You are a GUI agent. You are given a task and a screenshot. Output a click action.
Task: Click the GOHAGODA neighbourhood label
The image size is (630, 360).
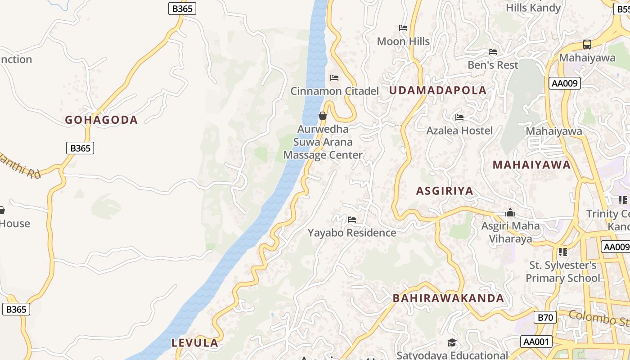pos(101,120)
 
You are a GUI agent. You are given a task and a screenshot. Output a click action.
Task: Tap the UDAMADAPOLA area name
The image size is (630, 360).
pos(437,90)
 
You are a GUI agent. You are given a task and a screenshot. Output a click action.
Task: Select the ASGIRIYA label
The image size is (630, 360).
pos(445,191)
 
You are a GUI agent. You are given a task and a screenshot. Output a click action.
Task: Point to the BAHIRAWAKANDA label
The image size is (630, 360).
pos(448,298)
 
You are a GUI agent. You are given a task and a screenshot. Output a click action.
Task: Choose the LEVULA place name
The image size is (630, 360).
pos(195,343)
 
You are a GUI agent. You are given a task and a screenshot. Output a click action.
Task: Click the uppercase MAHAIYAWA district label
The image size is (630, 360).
pos(531,165)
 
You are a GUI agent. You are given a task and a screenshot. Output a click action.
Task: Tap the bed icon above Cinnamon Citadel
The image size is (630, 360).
pos(334,78)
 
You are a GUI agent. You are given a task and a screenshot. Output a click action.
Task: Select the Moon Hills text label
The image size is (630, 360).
pos(403,41)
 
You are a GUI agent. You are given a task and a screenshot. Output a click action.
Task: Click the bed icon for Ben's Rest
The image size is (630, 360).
pos(493,52)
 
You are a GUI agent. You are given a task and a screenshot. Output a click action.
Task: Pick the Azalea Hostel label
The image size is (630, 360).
pos(459,130)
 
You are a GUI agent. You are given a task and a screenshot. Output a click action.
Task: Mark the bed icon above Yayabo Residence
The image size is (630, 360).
pos(352,220)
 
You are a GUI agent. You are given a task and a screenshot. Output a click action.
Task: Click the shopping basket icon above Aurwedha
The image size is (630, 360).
pos(323,116)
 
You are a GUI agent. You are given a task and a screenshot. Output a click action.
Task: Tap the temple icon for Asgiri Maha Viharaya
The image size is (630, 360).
pos(510,212)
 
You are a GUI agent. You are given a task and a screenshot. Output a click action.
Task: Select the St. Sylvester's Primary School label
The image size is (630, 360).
pos(562,271)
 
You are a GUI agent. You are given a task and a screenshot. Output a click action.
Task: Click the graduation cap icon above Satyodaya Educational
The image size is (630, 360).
pos(452,343)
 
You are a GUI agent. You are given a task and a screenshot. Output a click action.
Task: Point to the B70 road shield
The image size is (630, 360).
pos(545,317)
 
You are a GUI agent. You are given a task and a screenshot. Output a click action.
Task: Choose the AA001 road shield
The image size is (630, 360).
pos(536,342)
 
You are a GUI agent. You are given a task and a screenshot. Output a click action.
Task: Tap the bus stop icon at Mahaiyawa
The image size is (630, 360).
pos(587,45)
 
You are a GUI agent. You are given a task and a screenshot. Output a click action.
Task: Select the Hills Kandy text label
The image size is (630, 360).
pos(533,8)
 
